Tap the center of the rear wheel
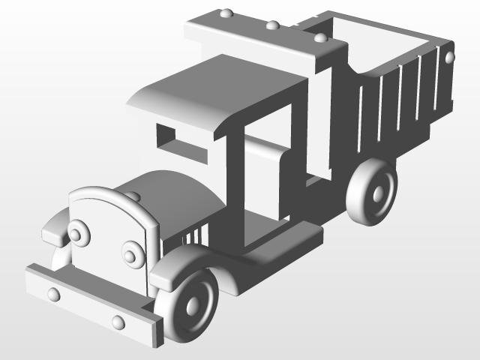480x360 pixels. coord(374,192)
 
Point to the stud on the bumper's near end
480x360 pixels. coord(118,322)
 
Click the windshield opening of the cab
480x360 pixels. coord(181,142)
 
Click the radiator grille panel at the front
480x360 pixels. coord(105,240)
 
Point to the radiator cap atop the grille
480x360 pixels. coord(133,196)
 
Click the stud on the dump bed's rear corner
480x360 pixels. coord(449,57)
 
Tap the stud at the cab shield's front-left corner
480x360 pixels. coord(225,13)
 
